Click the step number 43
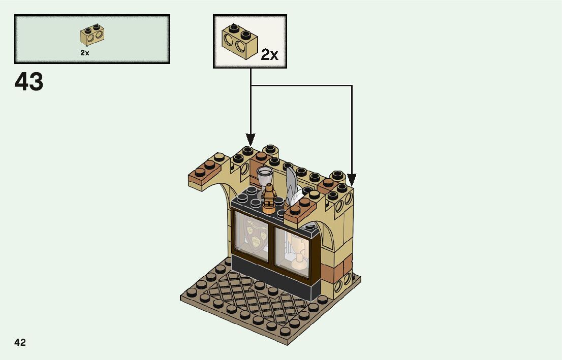[x=29, y=82]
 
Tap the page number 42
[x=20, y=342]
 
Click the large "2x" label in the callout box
[x=269, y=55]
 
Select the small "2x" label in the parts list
[x=84, y=52]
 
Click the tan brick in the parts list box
[x=92, y=36]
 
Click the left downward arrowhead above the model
[x=251, y=139]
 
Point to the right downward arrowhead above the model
[x=352, y=180]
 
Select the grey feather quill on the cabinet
[x=291, y=183]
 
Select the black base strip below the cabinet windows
[x=274, y=280]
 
